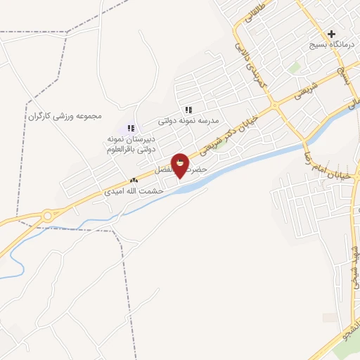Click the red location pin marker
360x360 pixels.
(180, 164)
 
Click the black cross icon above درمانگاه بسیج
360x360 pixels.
(331, 33)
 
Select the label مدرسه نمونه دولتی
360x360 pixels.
(188, 120)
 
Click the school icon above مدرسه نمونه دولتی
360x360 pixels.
(188, 110)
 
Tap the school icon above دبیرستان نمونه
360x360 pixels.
(131, 127)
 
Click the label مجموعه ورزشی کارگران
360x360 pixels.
(65, 115)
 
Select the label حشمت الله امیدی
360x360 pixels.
(133, 191)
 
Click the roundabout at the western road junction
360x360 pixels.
(47, 216)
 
